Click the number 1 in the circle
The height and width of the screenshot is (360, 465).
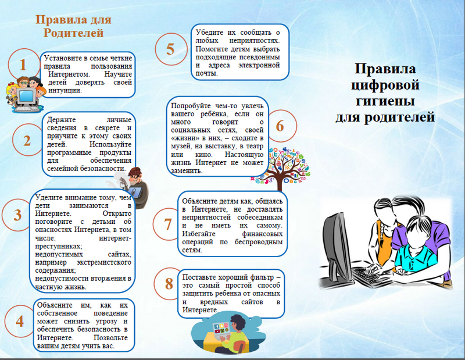(x=23, y=65)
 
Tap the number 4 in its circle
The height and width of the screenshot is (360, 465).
(x=20, y=321)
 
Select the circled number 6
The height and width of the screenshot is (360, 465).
(x=280, y=126)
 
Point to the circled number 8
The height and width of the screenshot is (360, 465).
(x=169, y=283)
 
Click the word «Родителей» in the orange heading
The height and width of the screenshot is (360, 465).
(x=74, y=33)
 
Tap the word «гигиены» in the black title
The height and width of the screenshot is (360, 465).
(x=385, y=101)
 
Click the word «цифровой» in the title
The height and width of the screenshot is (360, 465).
(x=385, y=85)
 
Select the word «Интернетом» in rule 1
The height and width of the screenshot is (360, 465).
(x=69, y=74)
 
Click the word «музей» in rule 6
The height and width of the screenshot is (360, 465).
(x=179, y=147)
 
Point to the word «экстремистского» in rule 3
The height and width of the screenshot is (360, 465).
(x=104, y=263)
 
